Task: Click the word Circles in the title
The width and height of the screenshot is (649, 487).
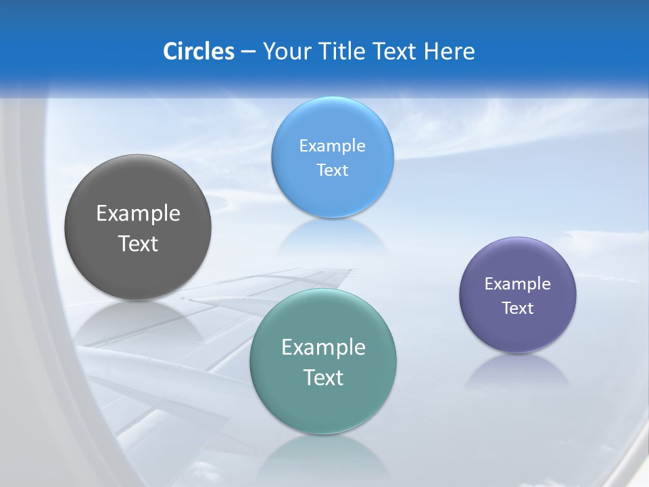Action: tap(198, 51)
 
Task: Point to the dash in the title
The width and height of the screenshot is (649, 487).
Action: tap(247, 52)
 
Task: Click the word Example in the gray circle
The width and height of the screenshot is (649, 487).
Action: tap(138, 214)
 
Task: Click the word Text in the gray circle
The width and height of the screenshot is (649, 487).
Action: tap(138, 243)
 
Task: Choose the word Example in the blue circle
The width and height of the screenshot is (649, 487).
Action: tap(332, 145)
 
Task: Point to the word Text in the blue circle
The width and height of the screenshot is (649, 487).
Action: tap(332, 170)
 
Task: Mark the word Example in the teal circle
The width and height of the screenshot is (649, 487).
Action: tap(323, 348)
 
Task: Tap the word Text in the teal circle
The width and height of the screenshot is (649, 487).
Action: tap(323, 377)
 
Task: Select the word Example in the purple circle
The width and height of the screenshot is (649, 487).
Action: tap(518, 283)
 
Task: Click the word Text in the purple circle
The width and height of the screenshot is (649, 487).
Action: tap(518, 308)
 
